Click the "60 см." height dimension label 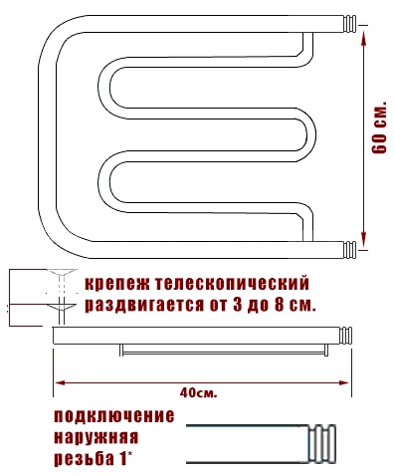pos(379,126)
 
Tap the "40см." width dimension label pos(199,393)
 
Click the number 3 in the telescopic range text pos(238,304)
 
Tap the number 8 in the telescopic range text pos(280,304)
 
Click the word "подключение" pos(114,416)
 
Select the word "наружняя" pos(96,437)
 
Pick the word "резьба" pos(84,459)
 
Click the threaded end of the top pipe pos(349,24)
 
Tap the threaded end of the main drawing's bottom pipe pos(349,250)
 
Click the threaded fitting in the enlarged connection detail pos(322,443)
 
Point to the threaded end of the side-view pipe pos(346,336)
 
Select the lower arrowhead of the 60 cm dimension pos(364,239)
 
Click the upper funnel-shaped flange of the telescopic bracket pos(62,273)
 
